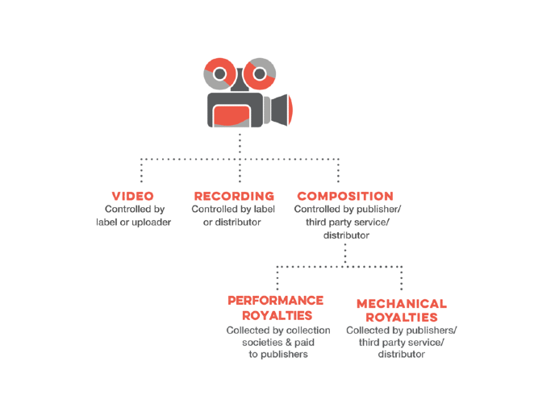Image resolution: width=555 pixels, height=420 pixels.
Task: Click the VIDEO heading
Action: (133, 196)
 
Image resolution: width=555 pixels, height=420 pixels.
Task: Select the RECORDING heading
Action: (234, 196)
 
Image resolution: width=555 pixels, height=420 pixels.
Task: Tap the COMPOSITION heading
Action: (345, 196)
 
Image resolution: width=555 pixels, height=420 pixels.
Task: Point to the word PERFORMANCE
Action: (275, 300)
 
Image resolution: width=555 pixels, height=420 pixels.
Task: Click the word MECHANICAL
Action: (401, 304)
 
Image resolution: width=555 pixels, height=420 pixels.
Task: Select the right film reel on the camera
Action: (260, 75)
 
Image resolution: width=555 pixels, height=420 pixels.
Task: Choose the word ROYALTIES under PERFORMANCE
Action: (275, 314)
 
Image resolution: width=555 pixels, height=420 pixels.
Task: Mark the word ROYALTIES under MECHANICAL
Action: (401, 318)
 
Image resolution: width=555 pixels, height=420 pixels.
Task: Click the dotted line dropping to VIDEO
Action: (142, 172)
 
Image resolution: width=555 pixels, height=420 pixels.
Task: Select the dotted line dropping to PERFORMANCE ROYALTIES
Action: (277, 278)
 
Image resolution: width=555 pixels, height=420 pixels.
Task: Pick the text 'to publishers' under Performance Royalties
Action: (277, 355)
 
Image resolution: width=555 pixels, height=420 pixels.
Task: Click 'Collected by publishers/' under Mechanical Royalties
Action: (401, 331)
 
